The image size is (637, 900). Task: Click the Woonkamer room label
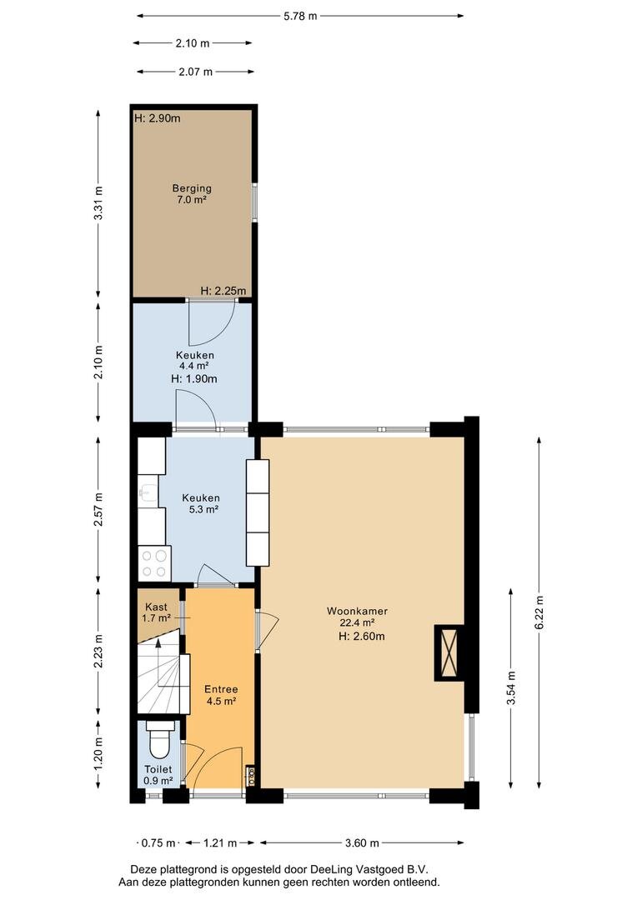pos(357,612)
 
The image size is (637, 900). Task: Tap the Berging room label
pos(192,188)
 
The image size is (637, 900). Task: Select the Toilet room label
pos(158,769)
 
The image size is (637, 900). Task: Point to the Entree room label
pos(221,689)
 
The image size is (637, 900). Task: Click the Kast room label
pos(156,607)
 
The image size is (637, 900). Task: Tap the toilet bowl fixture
pos(159,741)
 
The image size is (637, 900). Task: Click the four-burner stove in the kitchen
pos(154,563)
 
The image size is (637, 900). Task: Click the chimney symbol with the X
pos(449,652)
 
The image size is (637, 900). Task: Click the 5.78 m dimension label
pos(300,16)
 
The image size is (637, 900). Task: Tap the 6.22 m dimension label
pos(539,612)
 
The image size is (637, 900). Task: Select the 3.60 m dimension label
pos(362,842)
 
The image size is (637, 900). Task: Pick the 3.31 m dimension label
pos(98,203)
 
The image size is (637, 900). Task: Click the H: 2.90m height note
pos(158,118)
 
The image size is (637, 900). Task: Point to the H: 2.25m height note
pos(223,291)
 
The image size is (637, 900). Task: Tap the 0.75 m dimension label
pos(158,842)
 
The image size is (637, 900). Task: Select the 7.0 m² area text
pos(192,200)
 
